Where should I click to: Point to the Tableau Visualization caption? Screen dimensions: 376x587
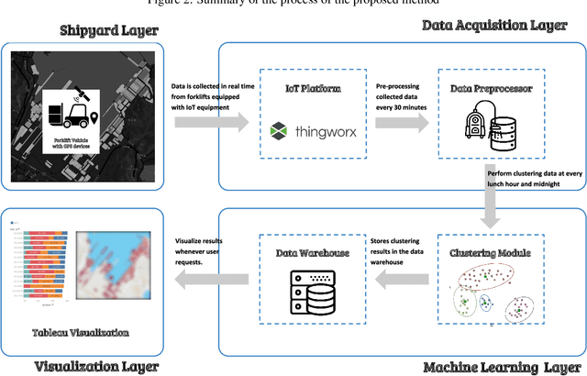tap(80, 333)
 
